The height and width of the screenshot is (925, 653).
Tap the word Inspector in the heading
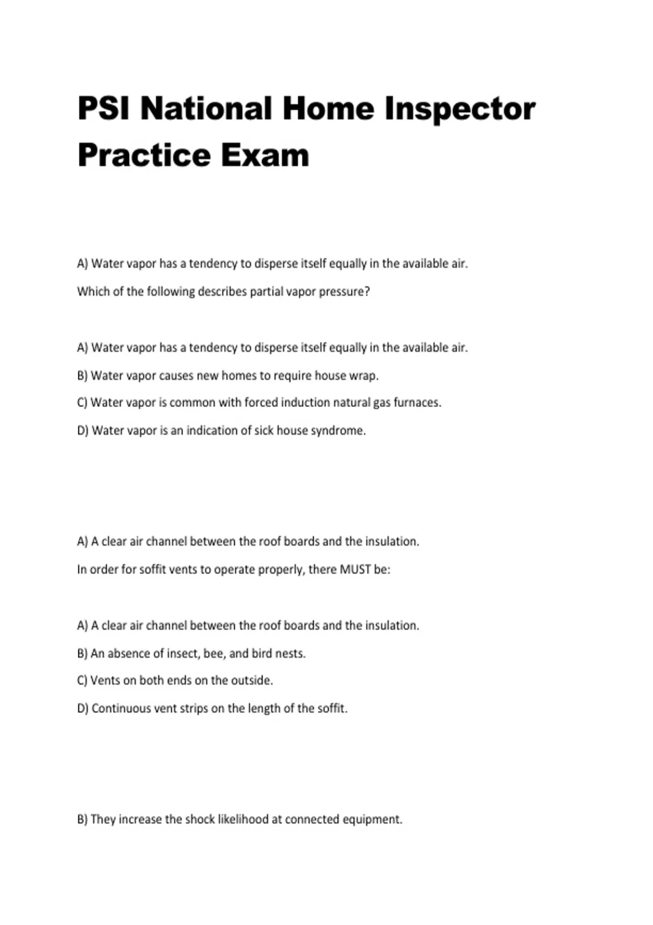coord(460,109)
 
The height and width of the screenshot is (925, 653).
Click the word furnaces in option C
coord(417,403)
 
